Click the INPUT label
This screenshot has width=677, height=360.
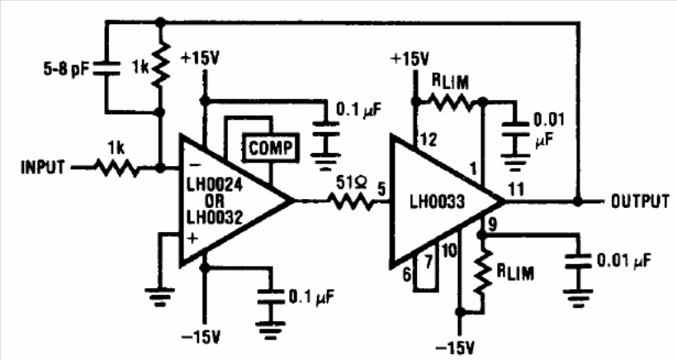point(40,168)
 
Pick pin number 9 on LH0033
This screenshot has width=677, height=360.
point(491,221)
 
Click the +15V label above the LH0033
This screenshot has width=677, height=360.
point(410,59)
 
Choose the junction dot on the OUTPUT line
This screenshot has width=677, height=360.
point(576,201)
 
